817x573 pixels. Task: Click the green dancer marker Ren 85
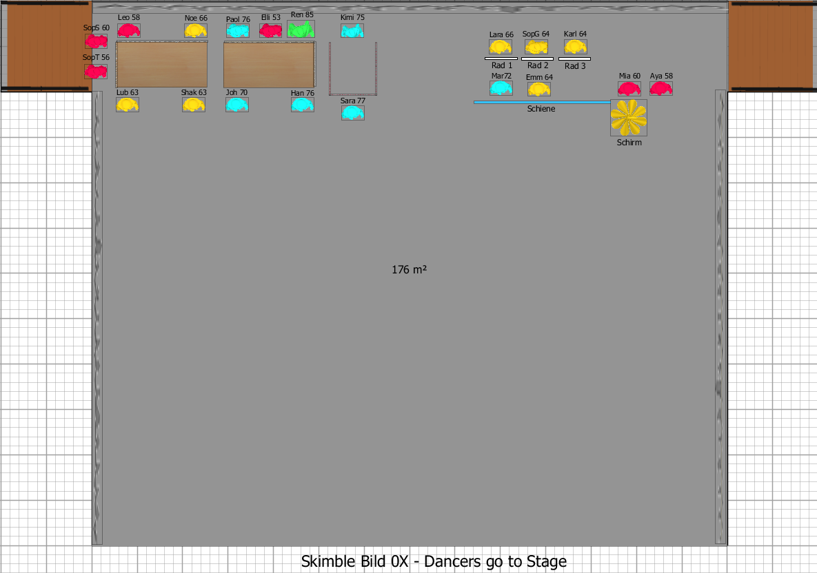tap(301, 29)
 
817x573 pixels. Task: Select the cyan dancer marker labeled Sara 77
tap(352, 112)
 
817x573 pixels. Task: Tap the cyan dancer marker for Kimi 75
tap(352, 30)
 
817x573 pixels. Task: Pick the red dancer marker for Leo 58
tap(129, 30)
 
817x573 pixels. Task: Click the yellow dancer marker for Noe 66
tap(196, 30)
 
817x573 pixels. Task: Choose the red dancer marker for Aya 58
tap(660, 88)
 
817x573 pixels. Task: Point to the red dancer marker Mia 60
tap(629, 88)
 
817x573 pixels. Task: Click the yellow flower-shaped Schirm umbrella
tap(629, 117)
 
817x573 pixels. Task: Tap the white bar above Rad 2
tap(538, 59)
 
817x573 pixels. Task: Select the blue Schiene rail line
tap(541, 102)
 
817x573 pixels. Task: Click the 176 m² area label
tap(409, 270)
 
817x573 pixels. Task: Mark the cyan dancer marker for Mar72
tap(501, 88)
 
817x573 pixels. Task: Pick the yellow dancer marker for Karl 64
tap(575, 47)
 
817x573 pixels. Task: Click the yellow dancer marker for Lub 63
tap(128, 105)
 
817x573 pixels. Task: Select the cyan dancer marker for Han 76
tap(302, 105)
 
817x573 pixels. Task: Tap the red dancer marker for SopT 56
tap(96, 71)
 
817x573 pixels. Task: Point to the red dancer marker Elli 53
tap(270, 30)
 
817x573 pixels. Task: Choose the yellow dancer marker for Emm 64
tap(539, 89)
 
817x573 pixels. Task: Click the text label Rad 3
tap(575, 66)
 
